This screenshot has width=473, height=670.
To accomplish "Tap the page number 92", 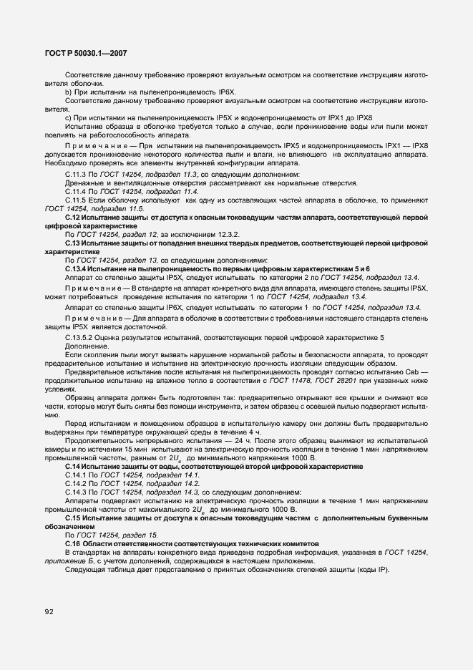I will (x=49, y=611).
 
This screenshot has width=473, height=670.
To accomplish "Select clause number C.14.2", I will (x=76, y=483).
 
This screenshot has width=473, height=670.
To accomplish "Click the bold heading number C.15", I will (x=72, y=517).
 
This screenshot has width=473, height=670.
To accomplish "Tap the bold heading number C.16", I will (x=72, y=544).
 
